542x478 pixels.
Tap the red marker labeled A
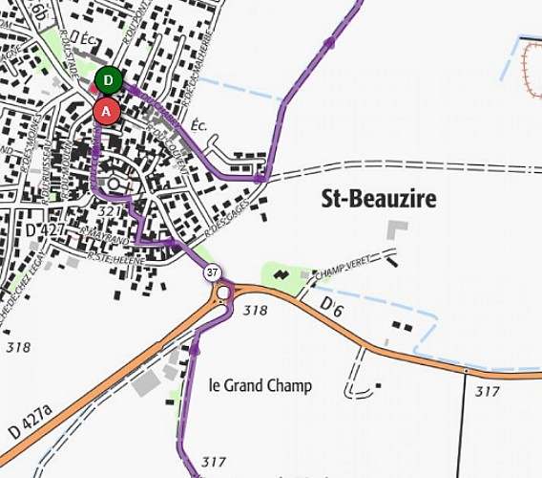[106, 111]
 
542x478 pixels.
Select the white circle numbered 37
[212, 272]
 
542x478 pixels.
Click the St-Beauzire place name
[378, 199]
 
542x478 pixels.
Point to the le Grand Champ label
[260, 386]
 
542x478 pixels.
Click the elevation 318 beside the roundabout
[255, 311]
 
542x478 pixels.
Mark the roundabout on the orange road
[224, 293]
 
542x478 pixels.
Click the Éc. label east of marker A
[199, 125]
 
